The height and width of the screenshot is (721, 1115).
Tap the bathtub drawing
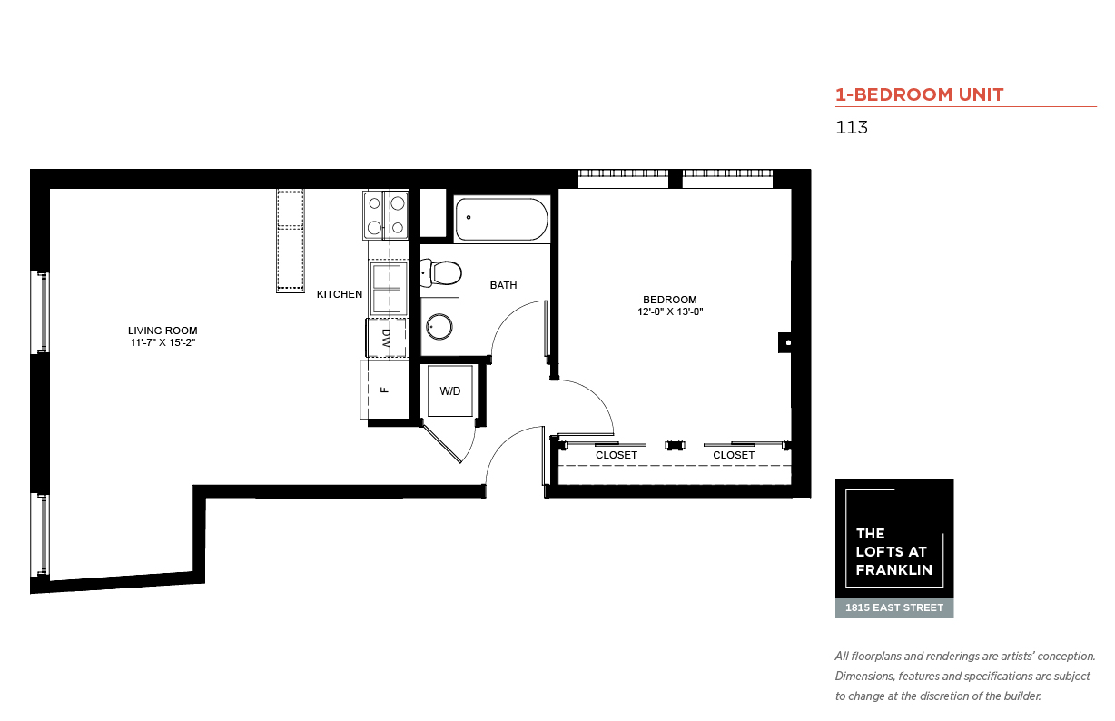(502, 219)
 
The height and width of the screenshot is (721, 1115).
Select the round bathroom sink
(439, 327)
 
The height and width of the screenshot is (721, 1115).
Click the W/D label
(450, 391)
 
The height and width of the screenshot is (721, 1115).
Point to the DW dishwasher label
(386, 338)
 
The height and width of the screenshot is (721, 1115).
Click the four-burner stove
(386, 215)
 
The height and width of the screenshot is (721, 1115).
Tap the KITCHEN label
(340, 294)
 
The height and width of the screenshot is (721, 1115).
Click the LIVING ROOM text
(163, 331)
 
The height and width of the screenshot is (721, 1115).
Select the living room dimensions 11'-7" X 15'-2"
(163, 342)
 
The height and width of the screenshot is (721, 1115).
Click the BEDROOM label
(670, 300)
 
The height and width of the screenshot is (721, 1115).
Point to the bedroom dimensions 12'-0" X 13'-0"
(670, 311)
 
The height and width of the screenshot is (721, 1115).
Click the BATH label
(503, 285)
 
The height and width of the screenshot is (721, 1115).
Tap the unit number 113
(852, 127)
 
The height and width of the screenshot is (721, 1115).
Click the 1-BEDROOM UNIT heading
(920, 94)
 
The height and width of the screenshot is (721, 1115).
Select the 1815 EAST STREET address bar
(894, 608)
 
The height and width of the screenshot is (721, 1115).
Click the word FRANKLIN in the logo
(894, 570)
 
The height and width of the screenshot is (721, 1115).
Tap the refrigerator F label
(384, 390)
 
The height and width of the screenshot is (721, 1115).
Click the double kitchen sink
(387, 288)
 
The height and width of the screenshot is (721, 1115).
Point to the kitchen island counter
(291, 241)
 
